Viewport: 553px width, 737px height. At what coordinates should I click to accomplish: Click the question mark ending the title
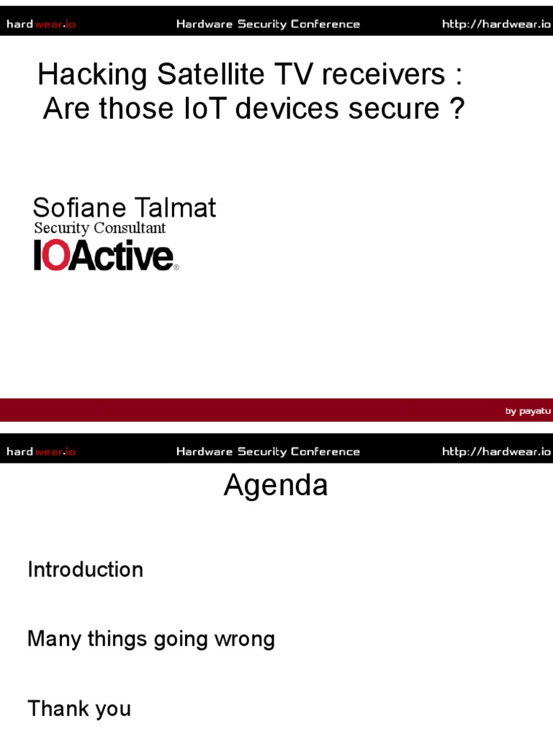[x=456, y=109]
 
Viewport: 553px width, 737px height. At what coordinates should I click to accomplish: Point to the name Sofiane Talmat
[x=124, y=208]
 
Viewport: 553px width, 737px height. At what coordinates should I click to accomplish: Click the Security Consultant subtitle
[x=99, y=228]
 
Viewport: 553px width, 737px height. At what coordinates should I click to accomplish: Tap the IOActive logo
[x=104, y=256]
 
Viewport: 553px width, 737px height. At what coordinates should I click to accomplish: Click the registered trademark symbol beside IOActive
[x=176, y=268]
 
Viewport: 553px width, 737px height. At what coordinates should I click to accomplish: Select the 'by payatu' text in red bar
[x=528, y=411]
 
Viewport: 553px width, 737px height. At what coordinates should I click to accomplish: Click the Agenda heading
[x=276, y=486]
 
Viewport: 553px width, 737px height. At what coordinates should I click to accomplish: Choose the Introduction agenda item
[x=85, y=570]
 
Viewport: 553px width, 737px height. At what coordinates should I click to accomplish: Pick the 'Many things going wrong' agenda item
[x=150, y=639]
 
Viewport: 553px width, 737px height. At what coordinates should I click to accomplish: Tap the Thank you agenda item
[x=79, y=709]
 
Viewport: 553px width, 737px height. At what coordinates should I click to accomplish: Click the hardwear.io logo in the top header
[x=41, y=24]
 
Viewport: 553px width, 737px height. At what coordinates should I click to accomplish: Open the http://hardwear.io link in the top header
[x=496, y=24]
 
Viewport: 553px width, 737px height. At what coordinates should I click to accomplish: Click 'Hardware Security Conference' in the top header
[x=268, y=24]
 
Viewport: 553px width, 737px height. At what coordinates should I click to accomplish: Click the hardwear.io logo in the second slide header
[x=41, y=452]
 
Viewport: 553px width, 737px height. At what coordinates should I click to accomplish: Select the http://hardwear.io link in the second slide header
[x=496, y=452]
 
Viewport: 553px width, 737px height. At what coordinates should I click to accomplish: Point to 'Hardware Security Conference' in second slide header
[x=268, y=452]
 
